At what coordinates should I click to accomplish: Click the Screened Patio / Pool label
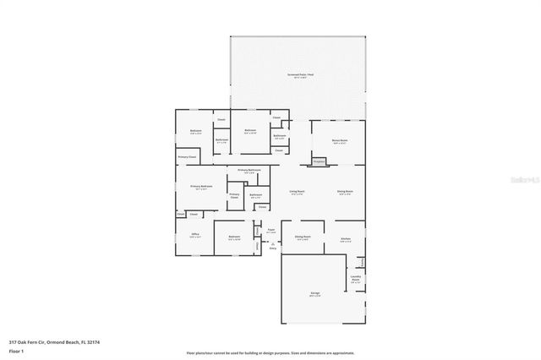pyautogui.click(x=299, y=76)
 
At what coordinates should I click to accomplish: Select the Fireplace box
pyautogui.click(x=319, y=161)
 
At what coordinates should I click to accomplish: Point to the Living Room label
pyautogui.click(x=297, y=193)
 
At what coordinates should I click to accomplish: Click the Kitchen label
pyautogui.click(x=346, y=239)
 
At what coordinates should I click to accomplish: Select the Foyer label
pyautogui.click(x=271, y=231)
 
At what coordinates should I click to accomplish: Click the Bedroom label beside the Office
pyautogui.click(x=234, y=237)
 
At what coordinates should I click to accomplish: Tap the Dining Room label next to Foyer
pyautogui.click(x=303, y=238)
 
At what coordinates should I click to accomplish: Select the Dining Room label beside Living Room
pyautogui.click(x=345, y=193)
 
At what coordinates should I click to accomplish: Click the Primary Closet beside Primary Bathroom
pyautogui.click(x=234, y=197)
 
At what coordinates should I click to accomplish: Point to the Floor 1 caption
pyautogui.click(x=15, y=352)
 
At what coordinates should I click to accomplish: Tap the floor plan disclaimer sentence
pyautogui.click(x=270, y=353)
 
